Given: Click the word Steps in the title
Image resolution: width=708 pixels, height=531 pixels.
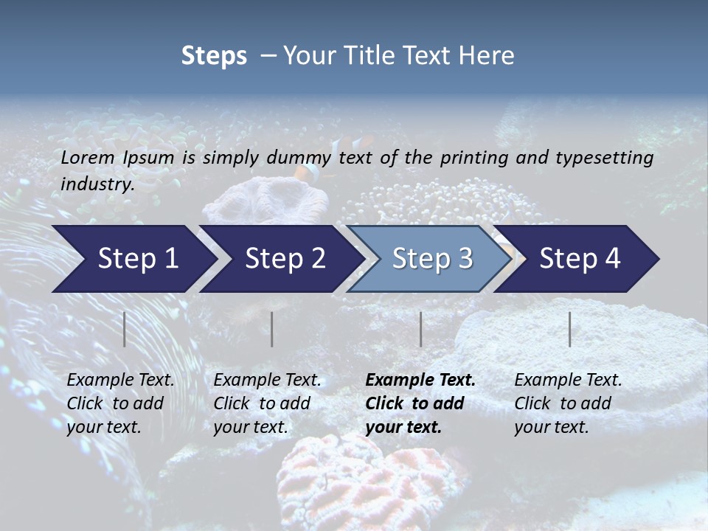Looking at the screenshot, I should click(x=214, y=55).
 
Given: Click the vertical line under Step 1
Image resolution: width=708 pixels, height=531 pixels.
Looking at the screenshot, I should click(x=125, y=329).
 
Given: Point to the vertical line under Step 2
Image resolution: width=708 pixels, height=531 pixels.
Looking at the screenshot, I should click(x=272, y=329).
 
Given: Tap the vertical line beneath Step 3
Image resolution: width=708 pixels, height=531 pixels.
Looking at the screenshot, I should click(x=420, y=329).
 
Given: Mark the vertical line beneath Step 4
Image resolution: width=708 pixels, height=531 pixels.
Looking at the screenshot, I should click(x=569, y=329).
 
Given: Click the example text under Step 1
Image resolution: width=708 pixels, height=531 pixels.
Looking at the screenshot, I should click(x=120, y=403).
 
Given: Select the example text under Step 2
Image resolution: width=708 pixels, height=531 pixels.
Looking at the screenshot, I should click(x=267, y=403).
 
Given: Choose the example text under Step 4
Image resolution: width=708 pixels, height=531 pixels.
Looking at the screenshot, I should click(x=568, y=403).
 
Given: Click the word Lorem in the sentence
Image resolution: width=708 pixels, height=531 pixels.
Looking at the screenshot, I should click(x=88, y=157).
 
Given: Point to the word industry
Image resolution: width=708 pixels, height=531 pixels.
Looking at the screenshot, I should click(x=97, y=184).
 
